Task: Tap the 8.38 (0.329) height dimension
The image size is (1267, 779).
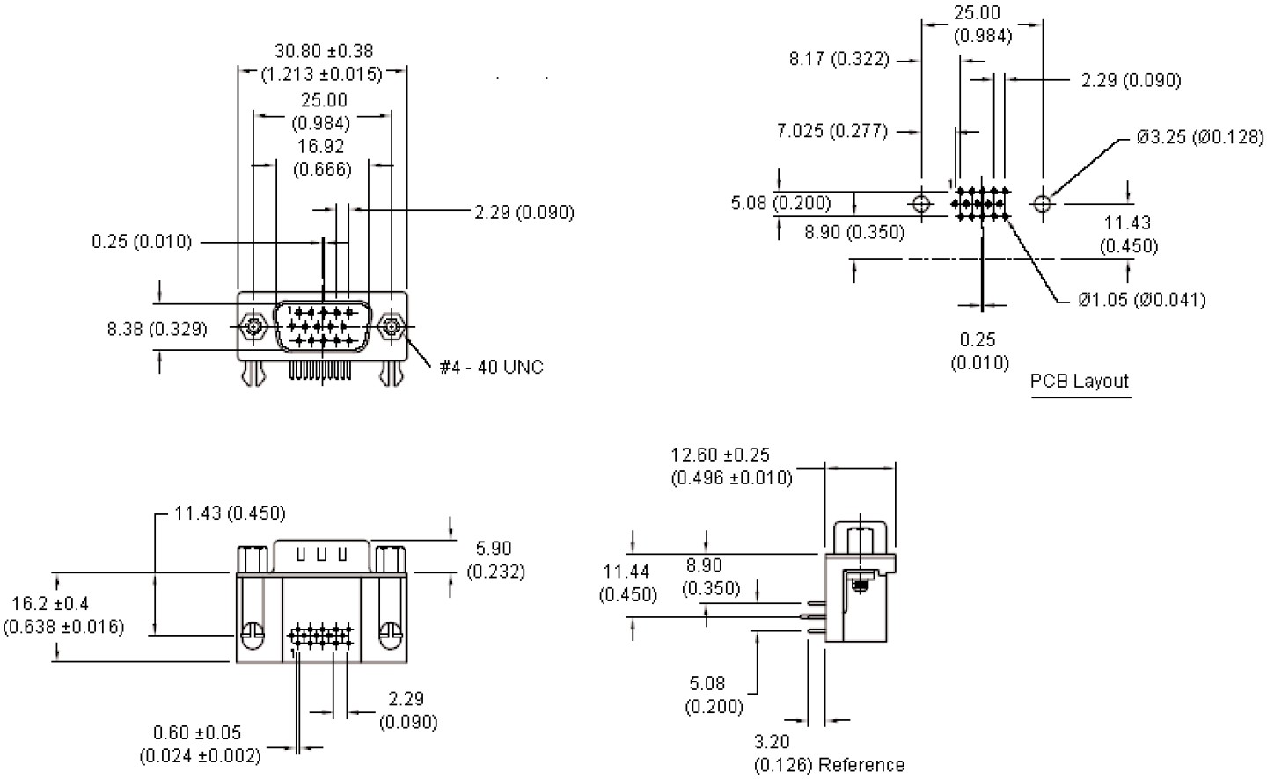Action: (157, 329)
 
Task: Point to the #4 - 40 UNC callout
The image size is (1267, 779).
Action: (491, 367)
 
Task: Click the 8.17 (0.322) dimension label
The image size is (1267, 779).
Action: (839, 60)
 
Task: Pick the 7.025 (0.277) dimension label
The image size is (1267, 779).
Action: (831, 131)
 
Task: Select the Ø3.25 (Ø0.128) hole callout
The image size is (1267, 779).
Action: (1199, 137)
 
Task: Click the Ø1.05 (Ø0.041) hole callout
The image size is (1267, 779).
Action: (1141, 300)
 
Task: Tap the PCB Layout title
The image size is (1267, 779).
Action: (1079, 382)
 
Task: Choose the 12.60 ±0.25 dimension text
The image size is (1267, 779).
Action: (720, 455)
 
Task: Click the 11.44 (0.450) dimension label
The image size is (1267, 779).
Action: (627, 584)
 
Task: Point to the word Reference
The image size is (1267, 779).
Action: (861, 765)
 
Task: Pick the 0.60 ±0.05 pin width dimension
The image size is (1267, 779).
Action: (197, 733)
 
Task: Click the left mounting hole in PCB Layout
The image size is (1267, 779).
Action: (921, 204)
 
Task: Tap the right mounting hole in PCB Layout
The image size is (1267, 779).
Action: (1043, 204)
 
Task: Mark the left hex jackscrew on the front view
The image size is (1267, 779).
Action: (254, 328)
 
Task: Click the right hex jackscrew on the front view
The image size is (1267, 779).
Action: (392, 328)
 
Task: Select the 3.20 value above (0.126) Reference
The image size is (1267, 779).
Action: (772, 743)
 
